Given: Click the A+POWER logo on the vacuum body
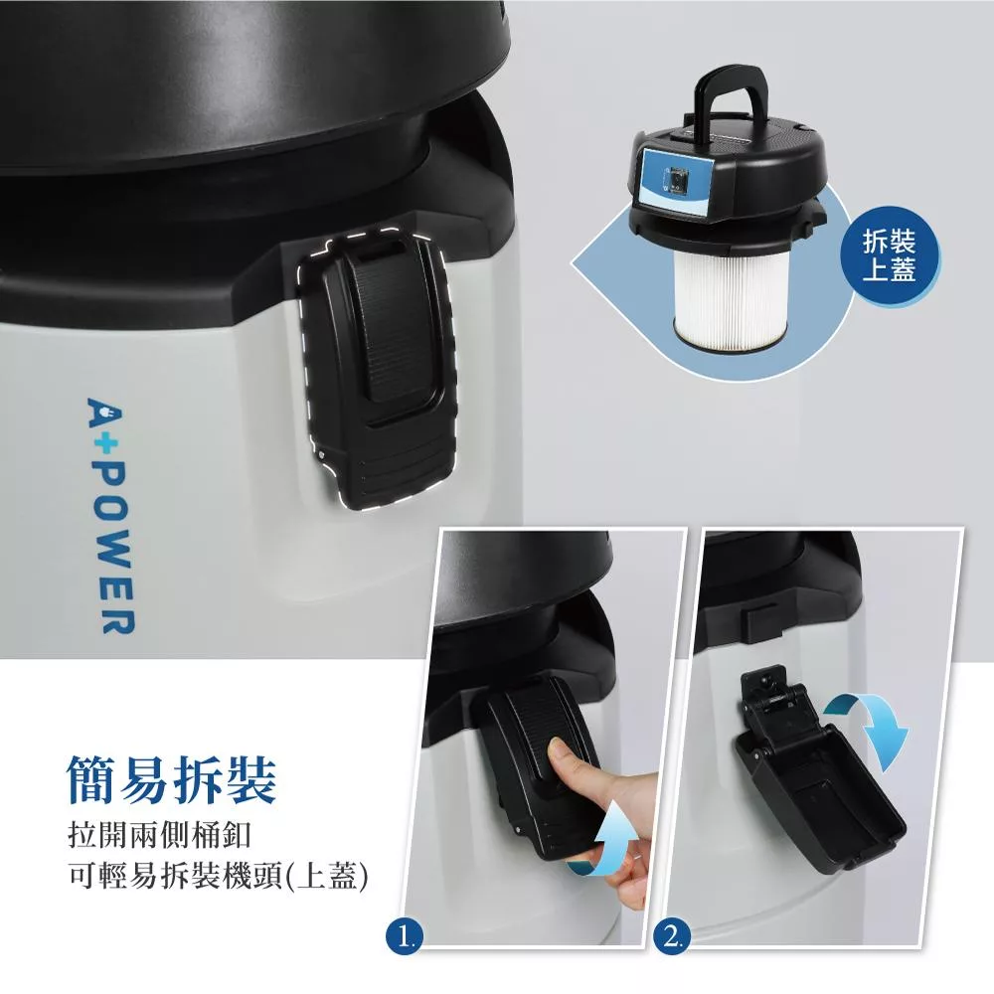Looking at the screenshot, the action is click(110, 515).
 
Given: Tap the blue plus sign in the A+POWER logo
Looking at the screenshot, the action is click(107, 444).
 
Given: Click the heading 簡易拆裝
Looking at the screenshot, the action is click(172, 779).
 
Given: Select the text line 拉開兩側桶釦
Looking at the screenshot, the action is click(160, 835).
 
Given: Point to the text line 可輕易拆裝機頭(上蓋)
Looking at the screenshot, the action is click(218, 876).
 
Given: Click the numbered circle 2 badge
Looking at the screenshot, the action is click(671, 935).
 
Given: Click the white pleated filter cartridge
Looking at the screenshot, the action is click(731, 298).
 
